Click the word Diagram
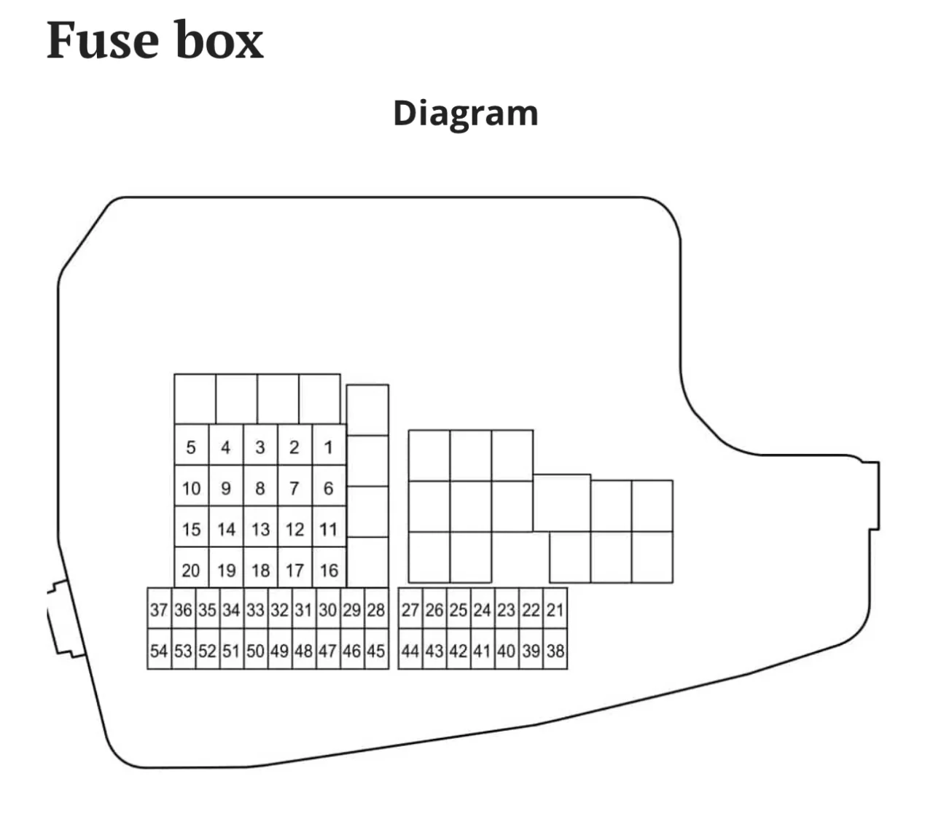[x=465, y=114]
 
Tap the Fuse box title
[x=155, y=41]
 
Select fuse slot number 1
[x=328, y=447]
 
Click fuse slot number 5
[x=191, y=447]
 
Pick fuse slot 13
[x=260, y=529]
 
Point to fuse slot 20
[x=191, y=570]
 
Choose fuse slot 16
[x=328, y=570]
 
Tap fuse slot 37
[x=159, y=609]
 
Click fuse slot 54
[x=159, y=650]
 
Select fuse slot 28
[x=376, y=609]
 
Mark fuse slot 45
[x=376, y=650]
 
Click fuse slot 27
[x=410, y=609]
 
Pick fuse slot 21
[x=555, y=609]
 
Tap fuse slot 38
[x=555, y=650]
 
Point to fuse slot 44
[x=410, y=650]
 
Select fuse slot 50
[x=255, y=650]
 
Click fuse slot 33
[x=255, y=609]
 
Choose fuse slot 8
[x=260, y=488]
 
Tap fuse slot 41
[x=482, y=650]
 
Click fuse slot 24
[x=482, y=609]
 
